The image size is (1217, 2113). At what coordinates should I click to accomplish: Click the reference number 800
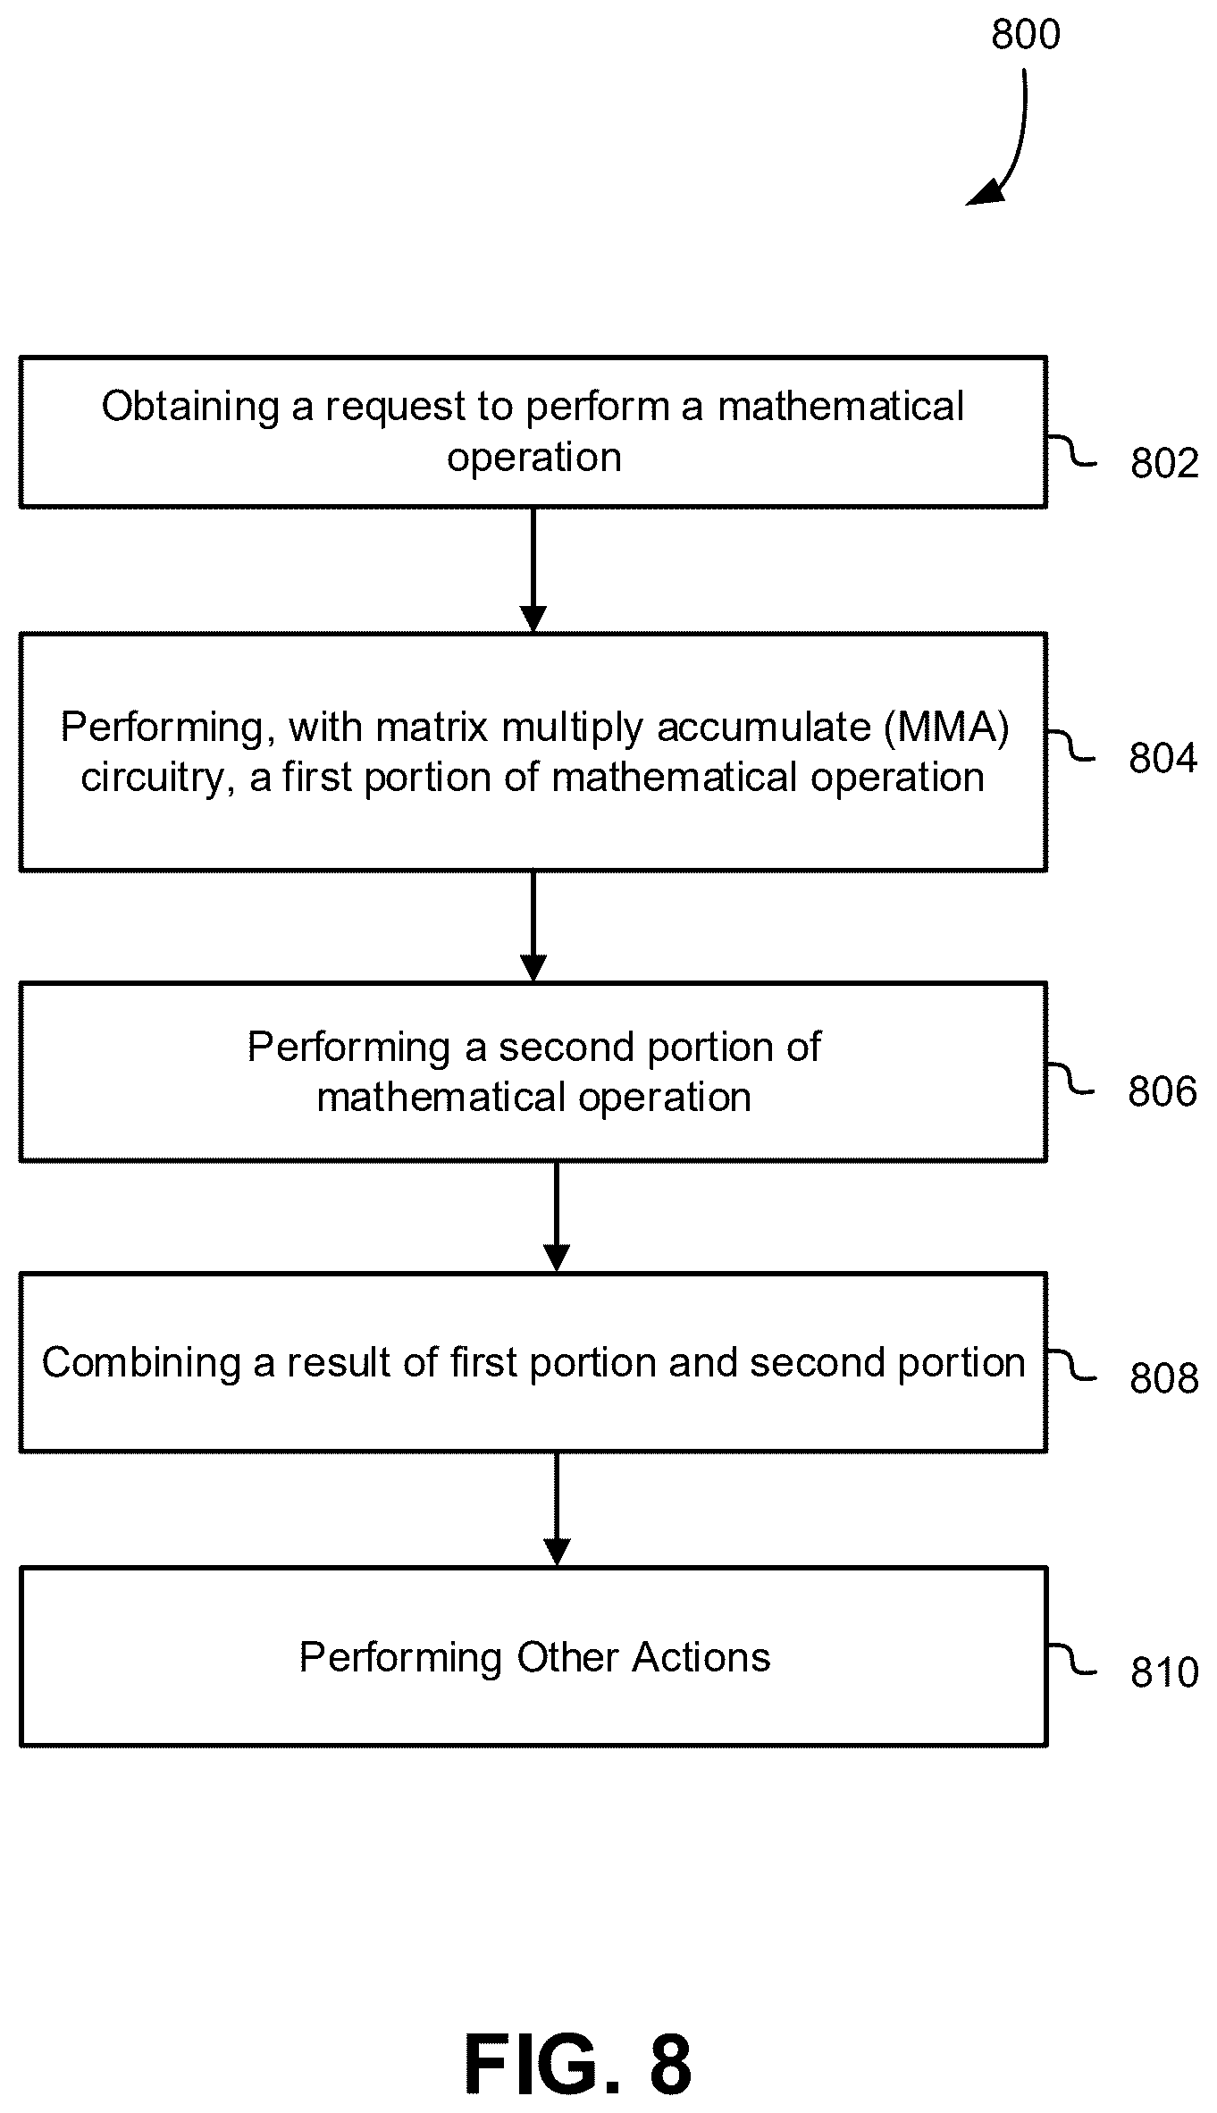point(1026,34)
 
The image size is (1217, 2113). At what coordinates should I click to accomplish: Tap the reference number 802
point(1164,463)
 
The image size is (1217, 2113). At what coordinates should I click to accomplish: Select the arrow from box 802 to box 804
point(533,570)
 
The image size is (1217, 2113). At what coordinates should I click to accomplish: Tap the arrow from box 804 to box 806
point(533,926)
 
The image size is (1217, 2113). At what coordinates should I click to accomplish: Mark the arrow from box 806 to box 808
point(557,1216)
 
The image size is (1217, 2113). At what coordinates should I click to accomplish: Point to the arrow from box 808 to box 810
point(557,1509)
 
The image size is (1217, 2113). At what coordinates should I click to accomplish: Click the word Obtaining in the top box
point(190,407)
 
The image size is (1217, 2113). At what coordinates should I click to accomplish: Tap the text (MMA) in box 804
point(946,727)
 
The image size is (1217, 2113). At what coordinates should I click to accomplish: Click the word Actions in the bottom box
point(701,1657)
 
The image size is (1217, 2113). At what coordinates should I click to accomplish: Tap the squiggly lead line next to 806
point(1070,1079)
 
